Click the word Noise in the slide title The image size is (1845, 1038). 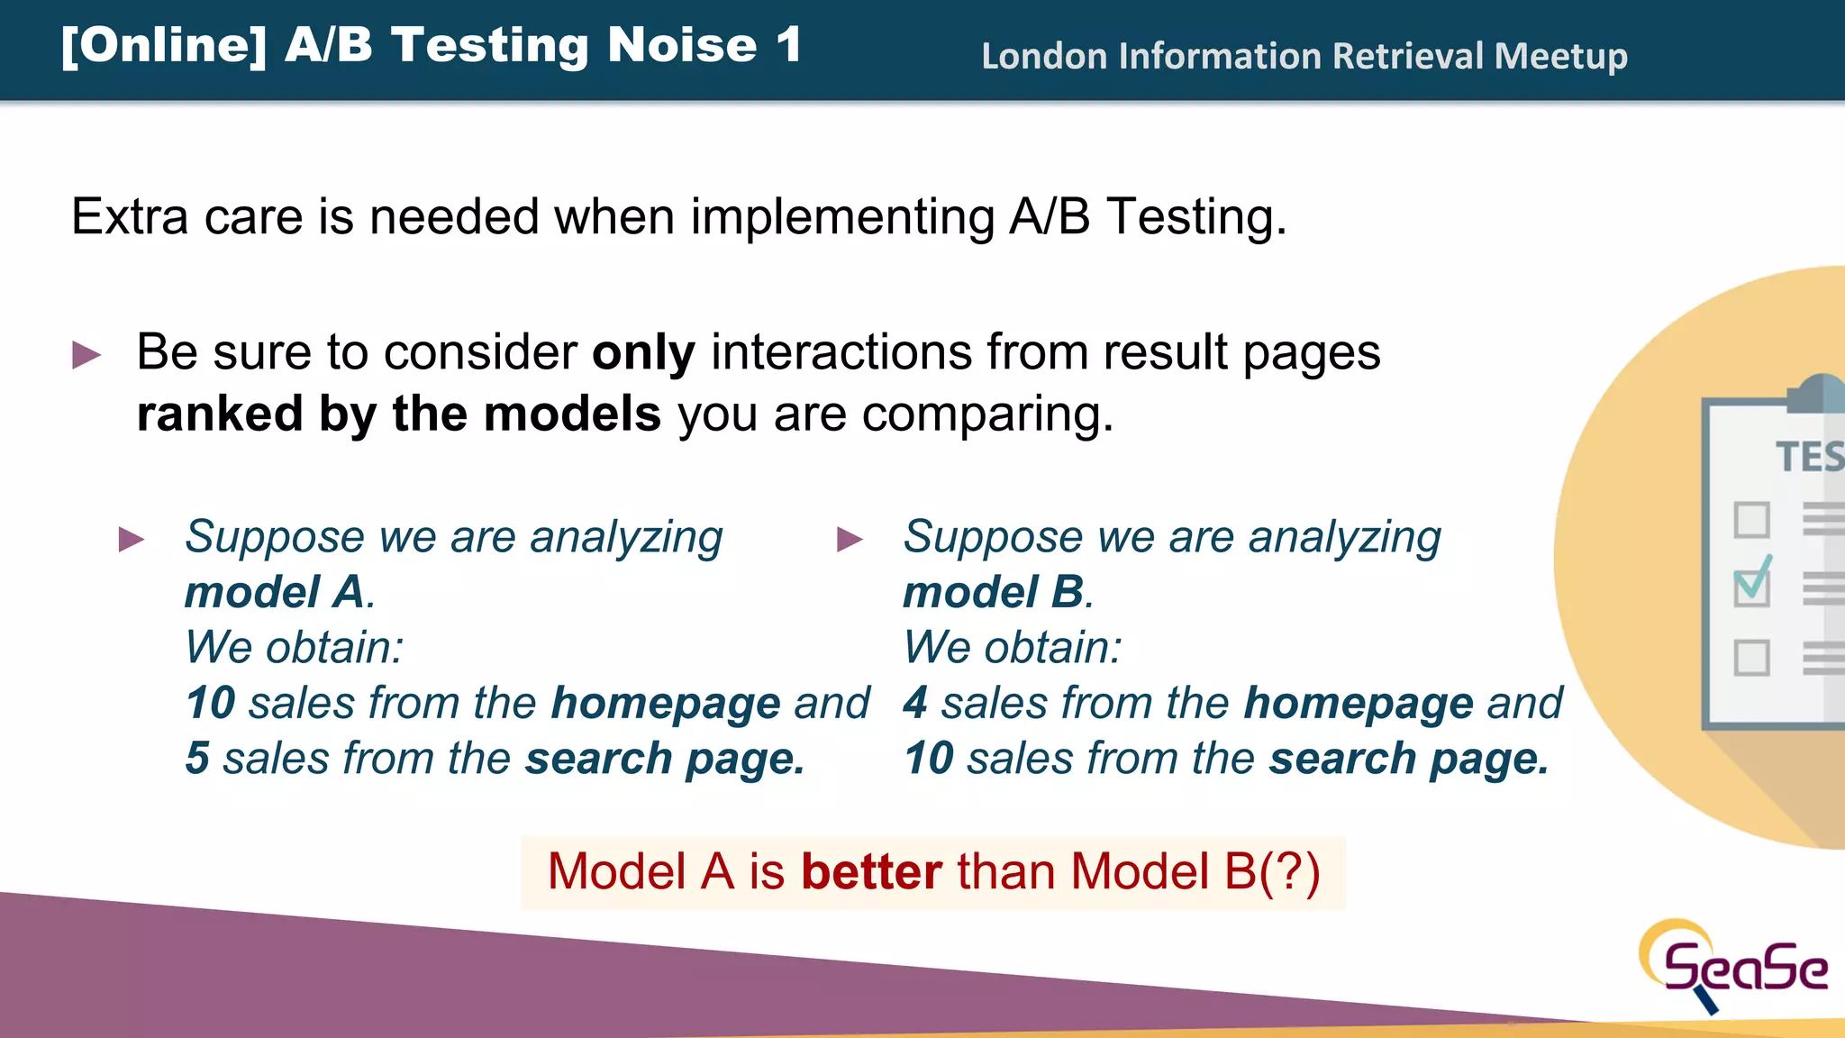[682, 45]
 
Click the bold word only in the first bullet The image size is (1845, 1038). [643, 352]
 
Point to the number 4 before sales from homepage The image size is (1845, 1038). [914, 703]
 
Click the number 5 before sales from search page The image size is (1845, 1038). [197, 759]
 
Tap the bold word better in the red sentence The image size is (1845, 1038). [871, 872]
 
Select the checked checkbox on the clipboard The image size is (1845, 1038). [1751, 587]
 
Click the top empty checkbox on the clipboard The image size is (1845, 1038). [1751, 520]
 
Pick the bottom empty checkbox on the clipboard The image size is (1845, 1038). [1751, 658]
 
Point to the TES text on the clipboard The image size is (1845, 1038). [1809, 457]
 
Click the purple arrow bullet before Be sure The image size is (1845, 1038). [86, 355]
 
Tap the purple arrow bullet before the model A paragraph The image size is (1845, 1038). [132, 540]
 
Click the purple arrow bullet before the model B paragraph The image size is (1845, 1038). [850, 540]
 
